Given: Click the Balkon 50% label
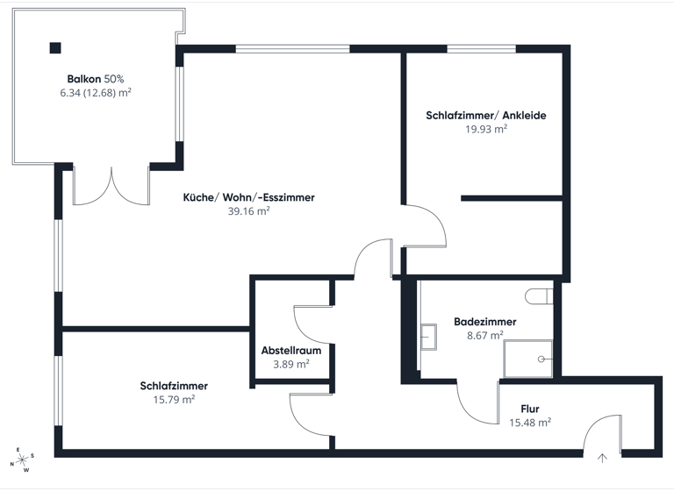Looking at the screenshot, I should tap(96, 78).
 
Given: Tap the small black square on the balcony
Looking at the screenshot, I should tap(55, 48).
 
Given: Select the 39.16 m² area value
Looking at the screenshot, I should tap(248, 210).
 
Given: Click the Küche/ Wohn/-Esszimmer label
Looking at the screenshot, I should tap(248, 197).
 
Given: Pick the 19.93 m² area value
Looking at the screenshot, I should tap(486, 128).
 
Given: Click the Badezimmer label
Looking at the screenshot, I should tap(485, 322).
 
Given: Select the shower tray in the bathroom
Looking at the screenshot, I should tap(528, 359).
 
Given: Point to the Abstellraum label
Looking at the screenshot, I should tap(291, 350).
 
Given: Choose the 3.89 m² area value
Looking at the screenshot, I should tap(291, 363).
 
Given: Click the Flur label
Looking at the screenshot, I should tap(529, 409).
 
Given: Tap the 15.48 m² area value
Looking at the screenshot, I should tap(530, 422).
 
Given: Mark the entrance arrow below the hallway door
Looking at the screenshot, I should tap(603, 457).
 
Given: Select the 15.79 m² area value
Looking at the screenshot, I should tap(174, 398).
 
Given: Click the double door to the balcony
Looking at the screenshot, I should tap(111, 185).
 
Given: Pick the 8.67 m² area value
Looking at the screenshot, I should tap(485, 335).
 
